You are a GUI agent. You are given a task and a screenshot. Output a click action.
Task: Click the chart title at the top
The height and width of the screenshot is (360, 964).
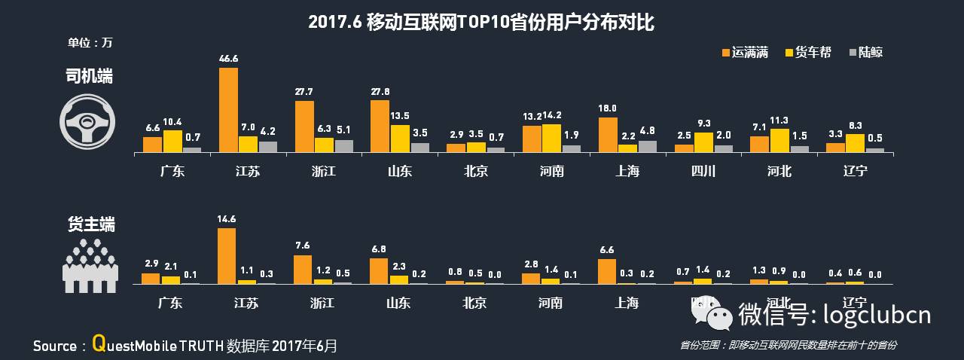point(481,23)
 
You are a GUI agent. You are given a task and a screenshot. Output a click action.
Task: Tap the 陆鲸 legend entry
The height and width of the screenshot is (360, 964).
point(865,52)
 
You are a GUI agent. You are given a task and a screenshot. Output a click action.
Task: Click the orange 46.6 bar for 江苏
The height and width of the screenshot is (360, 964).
point(228,110)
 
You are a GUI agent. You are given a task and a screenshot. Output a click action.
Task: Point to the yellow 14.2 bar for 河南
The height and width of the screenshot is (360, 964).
point(552,139)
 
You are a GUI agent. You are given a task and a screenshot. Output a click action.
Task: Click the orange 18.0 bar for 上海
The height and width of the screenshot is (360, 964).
point(608,135)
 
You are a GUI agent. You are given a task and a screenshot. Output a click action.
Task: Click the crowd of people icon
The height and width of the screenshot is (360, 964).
point(90,265)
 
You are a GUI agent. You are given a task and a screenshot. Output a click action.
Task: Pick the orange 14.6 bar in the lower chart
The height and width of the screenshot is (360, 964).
point(227,256)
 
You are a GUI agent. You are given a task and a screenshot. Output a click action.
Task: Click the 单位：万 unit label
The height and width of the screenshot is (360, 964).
point(89,42)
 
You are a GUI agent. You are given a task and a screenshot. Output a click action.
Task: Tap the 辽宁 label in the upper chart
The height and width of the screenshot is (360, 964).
point(855,171)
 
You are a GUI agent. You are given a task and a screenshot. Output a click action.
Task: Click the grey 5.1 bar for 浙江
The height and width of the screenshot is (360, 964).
point(343,146)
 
